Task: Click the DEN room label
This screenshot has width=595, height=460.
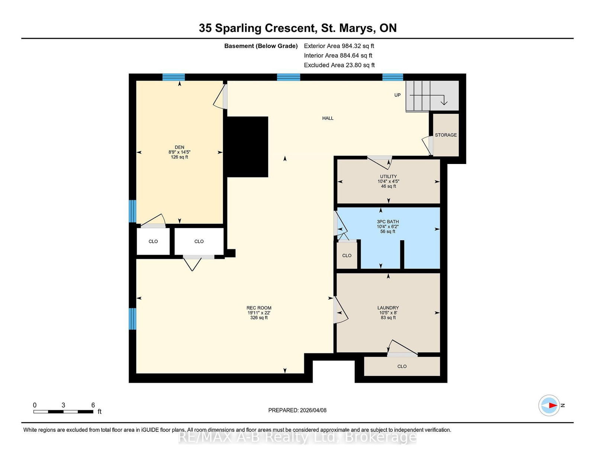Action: click(179, 147)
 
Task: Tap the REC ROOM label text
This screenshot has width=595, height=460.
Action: click(259, 308)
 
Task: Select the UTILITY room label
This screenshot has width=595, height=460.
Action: click(388, 176)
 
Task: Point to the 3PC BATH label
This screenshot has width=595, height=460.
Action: click(387, 222)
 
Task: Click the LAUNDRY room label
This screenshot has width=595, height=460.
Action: click(388, 308)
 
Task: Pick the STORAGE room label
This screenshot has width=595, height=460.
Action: click(446, 135)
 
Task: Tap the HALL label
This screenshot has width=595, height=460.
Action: click(328, 118)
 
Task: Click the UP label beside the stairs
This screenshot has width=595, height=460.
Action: click(397, 95)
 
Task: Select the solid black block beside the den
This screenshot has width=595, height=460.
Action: click(245, 147)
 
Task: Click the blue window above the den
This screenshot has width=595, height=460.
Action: click(173, 77)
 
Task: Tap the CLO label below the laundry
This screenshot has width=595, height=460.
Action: click(402, 366)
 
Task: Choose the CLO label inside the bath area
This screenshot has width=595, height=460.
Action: click(347, 255)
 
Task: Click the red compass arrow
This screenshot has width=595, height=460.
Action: click(553, 405)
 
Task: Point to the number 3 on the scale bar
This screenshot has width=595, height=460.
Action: click(63, 405)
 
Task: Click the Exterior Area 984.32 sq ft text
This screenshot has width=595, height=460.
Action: click(339, 46)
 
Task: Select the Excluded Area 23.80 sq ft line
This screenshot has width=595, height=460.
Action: click(339, 65)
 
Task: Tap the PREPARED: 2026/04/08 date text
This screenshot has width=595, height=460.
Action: click(297, 410)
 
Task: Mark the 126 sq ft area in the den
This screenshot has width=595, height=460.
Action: click(179, 157)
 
